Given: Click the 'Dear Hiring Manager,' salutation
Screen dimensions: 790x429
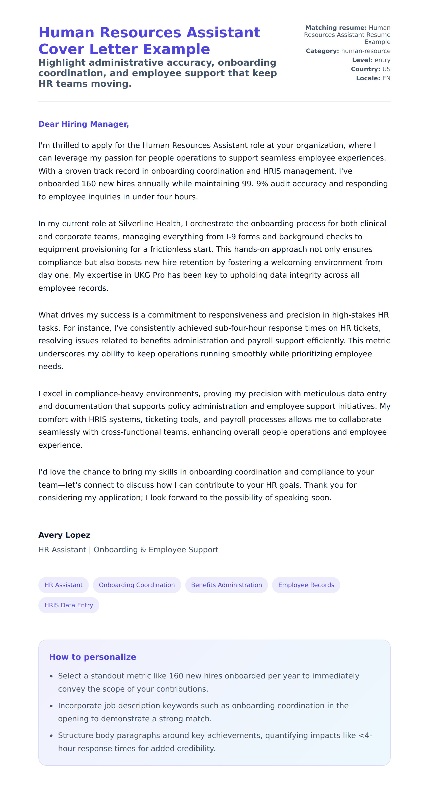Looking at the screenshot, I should click(84, 124).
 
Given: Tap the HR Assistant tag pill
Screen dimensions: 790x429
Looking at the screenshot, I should click(64, 585).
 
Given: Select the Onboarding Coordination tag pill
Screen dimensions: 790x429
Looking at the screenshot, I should click(137, 585).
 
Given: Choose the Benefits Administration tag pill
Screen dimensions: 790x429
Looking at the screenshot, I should click(226, 585).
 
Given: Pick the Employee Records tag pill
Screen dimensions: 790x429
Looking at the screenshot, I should click(306, 585).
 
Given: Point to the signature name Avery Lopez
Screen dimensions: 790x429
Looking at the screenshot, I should click(64, 535).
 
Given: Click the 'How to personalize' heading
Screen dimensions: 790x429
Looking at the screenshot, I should click(92, 657).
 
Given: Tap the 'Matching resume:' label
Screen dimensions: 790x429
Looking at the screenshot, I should click(336, 28).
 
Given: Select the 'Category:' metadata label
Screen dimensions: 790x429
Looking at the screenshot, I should click(322, 51).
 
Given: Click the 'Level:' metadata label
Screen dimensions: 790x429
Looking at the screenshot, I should click(362, 60).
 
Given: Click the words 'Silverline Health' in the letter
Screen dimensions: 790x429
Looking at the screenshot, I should click(150, 224).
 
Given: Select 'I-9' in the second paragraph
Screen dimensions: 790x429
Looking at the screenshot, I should click(231, 236).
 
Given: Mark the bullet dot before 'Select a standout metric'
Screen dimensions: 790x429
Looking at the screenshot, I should click(51, 676).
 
